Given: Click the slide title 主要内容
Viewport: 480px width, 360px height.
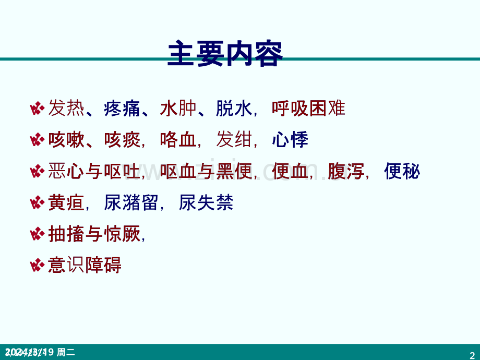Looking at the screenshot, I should tap(225, 54).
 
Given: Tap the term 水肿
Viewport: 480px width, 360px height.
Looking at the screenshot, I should tap(178, 109).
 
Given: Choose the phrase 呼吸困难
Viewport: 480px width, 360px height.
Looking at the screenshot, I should tap(308, 109).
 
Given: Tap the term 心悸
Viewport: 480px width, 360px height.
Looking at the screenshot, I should tap(290, 140).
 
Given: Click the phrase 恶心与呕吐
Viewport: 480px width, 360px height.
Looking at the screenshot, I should tap(94, 171).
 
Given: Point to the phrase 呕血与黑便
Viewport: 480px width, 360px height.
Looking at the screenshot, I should tap(206, 171).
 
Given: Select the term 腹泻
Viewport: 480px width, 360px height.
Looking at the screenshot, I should tap(346, 171).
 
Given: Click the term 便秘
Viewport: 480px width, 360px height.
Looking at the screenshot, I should tap(402, 171).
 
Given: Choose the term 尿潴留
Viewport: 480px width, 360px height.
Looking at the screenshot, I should tap(131, 202).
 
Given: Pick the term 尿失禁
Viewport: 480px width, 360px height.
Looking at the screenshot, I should tap(206, 202).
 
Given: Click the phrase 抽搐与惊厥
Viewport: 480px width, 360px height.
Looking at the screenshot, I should tap(94, 234).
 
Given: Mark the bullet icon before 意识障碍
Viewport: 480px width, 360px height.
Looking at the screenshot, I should tap(37, 266).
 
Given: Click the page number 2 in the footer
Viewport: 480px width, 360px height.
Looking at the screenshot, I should tap(473, 353).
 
